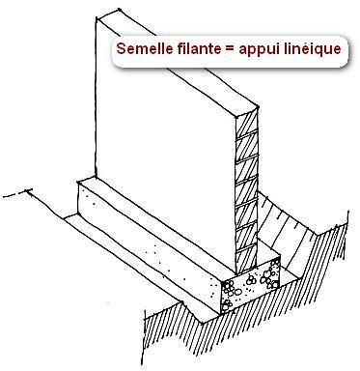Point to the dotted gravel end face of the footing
(x=251, y=288)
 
